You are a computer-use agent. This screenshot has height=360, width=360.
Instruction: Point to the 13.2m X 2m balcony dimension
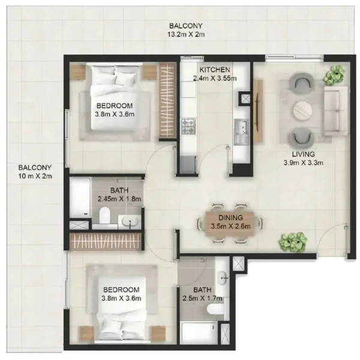pyautogui.click(x=185, y=34)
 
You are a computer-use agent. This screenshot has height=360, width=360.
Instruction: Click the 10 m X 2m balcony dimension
pyautogui.click(x=35, y=176)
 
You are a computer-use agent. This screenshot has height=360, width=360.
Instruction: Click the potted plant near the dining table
pyautogui.click(x=293, y=242)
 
